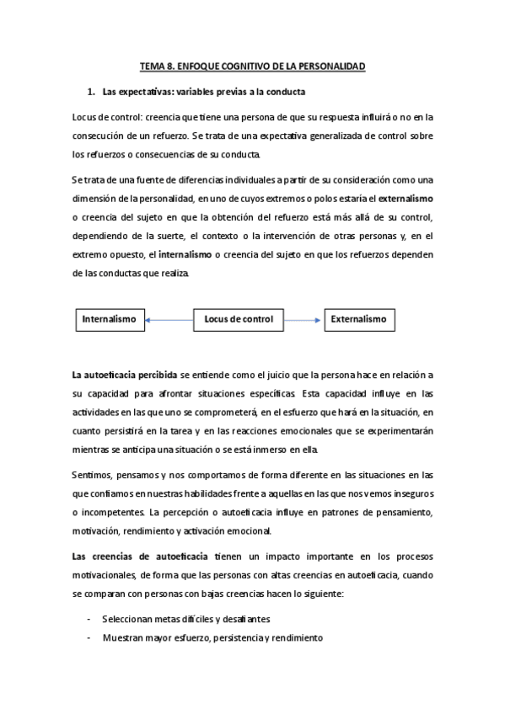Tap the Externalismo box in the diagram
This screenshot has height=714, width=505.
358,319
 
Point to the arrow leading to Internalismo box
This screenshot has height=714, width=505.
169,319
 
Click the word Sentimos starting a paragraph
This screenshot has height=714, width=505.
92,474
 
